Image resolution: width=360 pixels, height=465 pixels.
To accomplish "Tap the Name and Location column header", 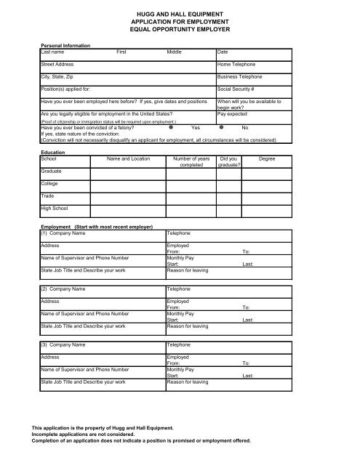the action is tap(128, 157).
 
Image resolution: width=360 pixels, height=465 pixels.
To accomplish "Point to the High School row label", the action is tap(55, 209).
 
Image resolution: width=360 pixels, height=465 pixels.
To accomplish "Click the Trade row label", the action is tap(48, 196).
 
